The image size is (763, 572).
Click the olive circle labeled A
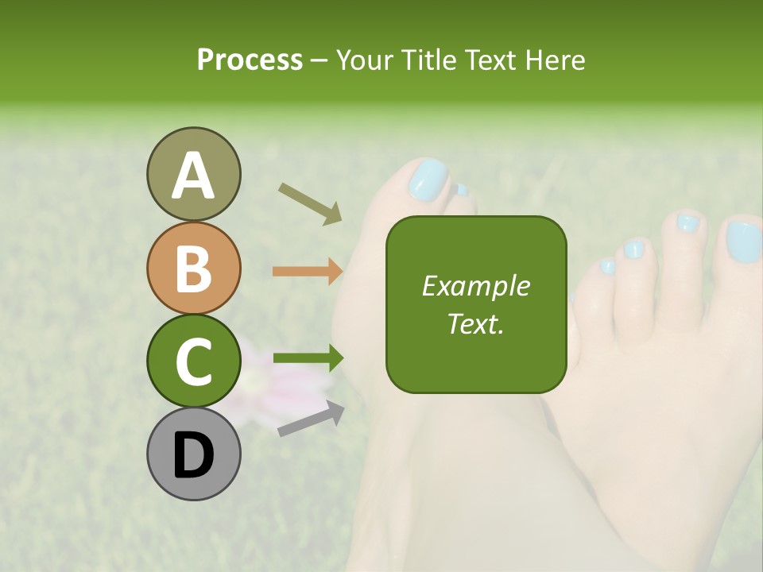click(x=193, y=174)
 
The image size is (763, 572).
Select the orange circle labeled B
click(x=193, y=268)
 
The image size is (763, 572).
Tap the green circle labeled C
click(x=193, y=361)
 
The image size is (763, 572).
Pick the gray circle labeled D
click(x=193, y=454)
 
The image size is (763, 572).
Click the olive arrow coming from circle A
click(x=310, y=202)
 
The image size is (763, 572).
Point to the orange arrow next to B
click(x=308, y=271)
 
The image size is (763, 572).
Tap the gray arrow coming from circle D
click(x=311, y=419)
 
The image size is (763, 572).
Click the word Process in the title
click(x=250, y=60)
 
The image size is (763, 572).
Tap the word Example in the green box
click(x=475, y=286)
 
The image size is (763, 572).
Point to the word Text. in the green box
click(x=475, y=323)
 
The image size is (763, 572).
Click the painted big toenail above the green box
click(x=428, y=179)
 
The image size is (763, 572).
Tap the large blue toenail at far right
click(x=744, y=241)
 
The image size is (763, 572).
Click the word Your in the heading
click(x=365, y=60)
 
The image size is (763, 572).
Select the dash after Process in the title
click(x=320, y=60)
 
